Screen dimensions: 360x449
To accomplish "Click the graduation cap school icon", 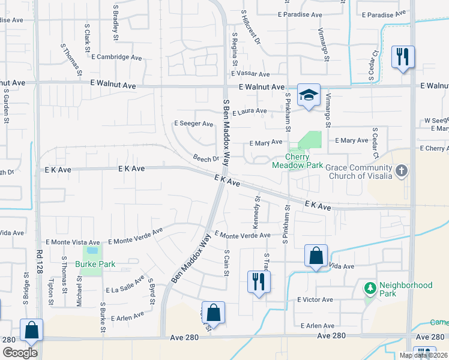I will pyautogui.click(x=309, y=95).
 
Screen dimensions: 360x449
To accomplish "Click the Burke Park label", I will pyautogui.click(x=95, y=264).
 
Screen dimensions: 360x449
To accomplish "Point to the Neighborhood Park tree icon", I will pyautogui.click(x=370, y=289).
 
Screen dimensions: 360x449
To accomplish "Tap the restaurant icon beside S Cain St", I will pyautogui.click(x=259, y=281).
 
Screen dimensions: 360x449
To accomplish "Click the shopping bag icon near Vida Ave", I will pyautogui.click(x=315, y=256).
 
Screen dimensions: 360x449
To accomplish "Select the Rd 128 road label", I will pyautogui.click(x=40, y=278).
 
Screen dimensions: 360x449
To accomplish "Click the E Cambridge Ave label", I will pyautogui.click(x=117, y=57).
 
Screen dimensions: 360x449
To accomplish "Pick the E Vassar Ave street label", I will pyautogui.click(x=250, y=74).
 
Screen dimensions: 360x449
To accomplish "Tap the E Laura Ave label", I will pyautogui.click(x=250, y=111).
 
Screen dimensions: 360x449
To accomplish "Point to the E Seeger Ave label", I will pyautogui.click(x=193, y=124).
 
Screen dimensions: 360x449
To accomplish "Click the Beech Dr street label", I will pyautogui.click(x=206, y=159).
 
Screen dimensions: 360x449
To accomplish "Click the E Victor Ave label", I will pyautogui.click(x=315, y=299).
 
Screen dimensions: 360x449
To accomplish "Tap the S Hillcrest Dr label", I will pyautogui.click(x=252, y=27).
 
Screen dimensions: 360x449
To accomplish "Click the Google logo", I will pyautogui.click(x=19, y=352).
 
